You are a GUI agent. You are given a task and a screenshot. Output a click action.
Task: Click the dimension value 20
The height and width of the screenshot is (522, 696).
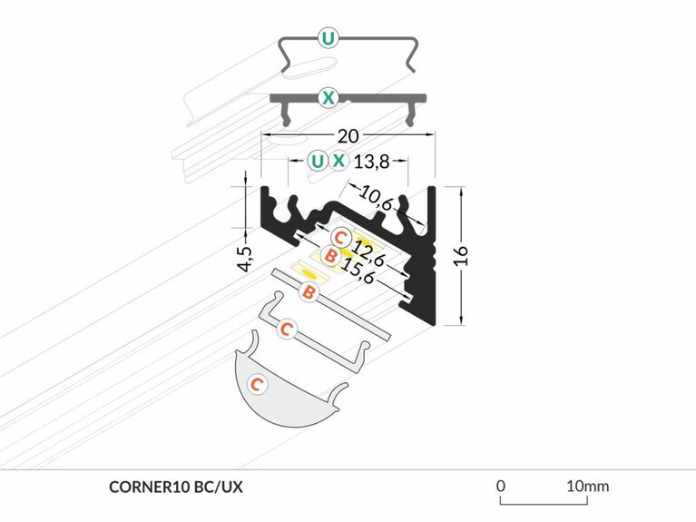tap(347, 137)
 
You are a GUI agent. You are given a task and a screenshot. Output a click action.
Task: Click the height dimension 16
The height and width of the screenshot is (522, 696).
tap(461, 253)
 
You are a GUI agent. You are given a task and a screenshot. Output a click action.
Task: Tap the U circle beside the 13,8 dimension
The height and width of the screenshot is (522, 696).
tap(316, 162)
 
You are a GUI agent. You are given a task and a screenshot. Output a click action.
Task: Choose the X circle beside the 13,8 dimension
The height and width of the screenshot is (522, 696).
tap(338, 162)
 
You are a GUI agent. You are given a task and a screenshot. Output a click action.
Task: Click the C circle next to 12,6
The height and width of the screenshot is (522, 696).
tap(339, 237)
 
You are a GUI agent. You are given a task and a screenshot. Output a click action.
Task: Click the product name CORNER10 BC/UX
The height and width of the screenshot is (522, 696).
tap(175, 487)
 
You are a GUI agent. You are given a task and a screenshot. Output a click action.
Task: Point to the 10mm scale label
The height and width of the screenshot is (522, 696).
tap(586, 486)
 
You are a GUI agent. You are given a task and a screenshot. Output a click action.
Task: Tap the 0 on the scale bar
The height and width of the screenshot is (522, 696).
tap(500, 486)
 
